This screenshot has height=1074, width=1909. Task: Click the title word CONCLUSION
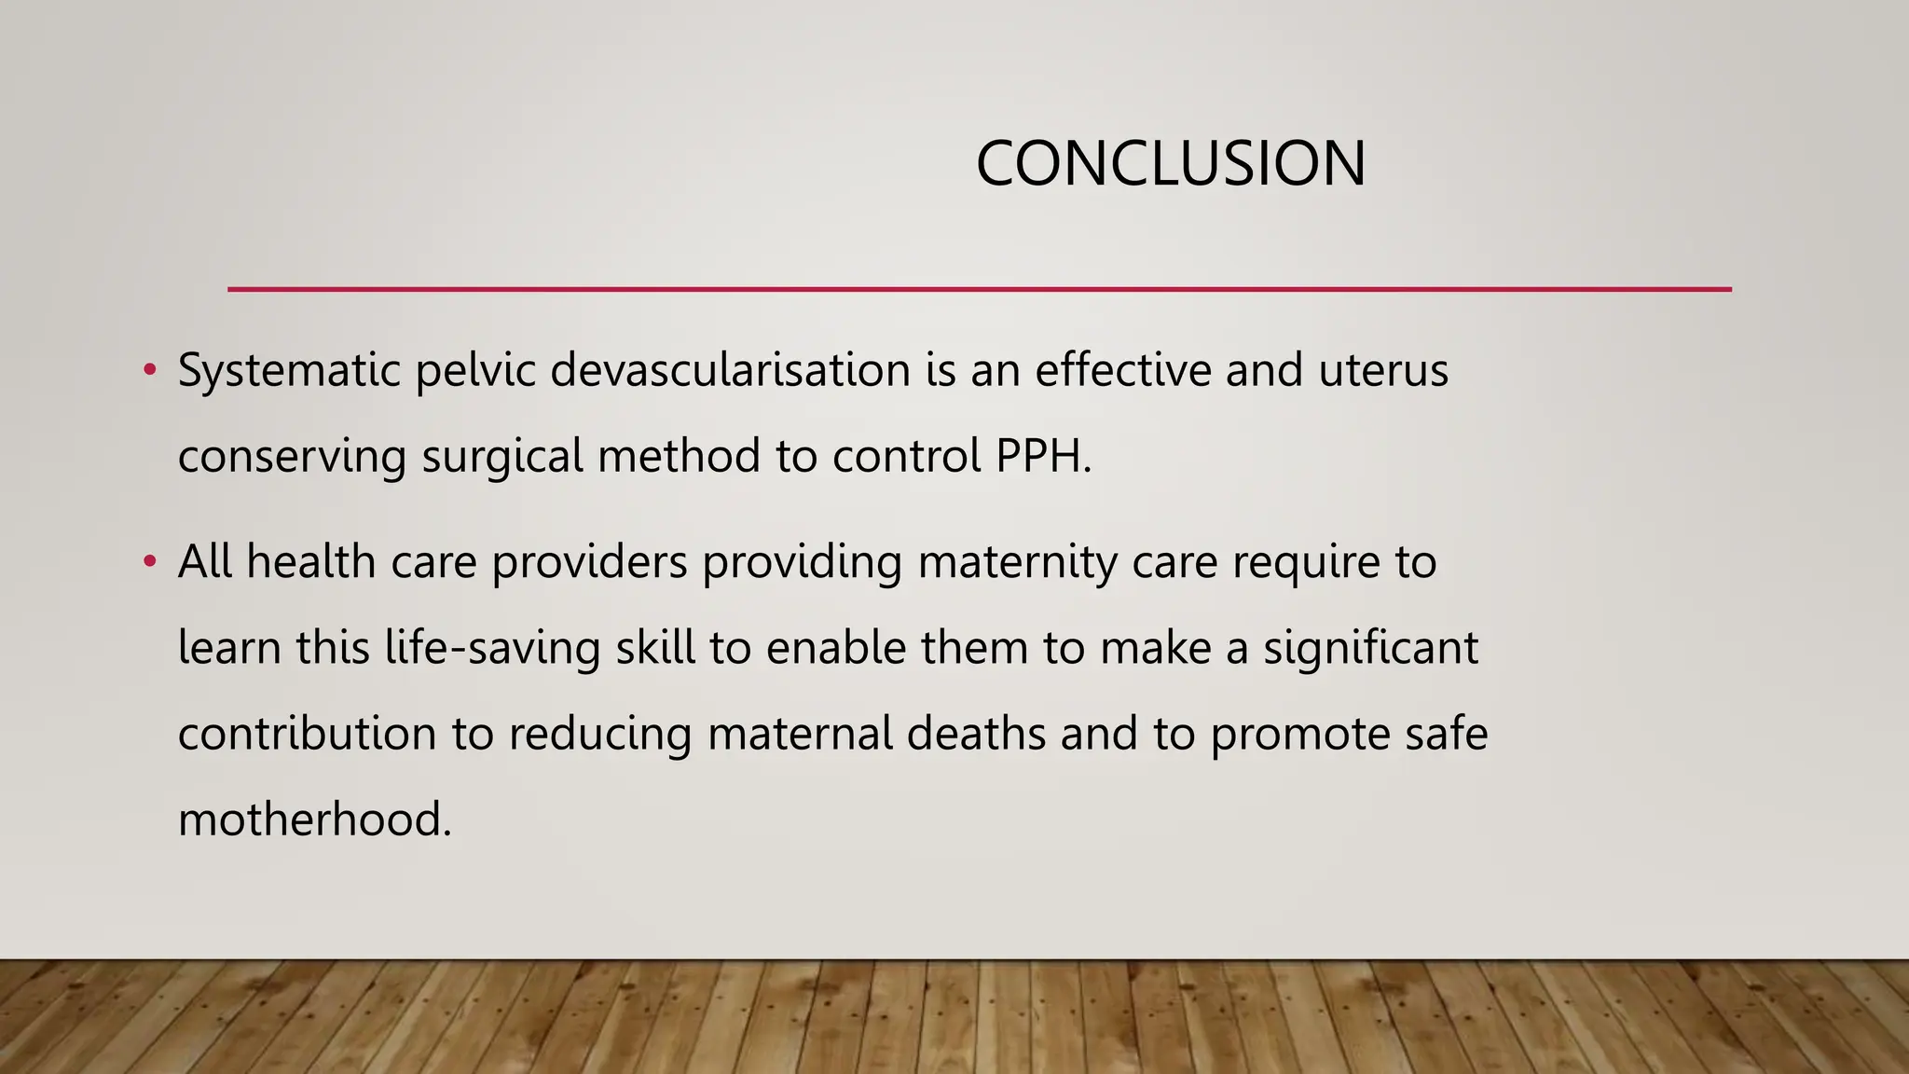pyautogui.click(x=1170, y=164)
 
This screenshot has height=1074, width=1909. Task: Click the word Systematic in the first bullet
pyautogui.click(x=289, y=371)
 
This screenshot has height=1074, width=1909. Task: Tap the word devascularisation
pyautogui.click(x=730, y=370)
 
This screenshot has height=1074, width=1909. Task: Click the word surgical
pyautogui.click(x=502, y=457)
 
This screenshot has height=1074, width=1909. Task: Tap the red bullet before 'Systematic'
pyautogui.click(x=149, y=371)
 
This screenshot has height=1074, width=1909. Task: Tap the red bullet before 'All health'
pyautogui.click(x=149, y=562)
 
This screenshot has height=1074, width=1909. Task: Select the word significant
pyautogui.click(x=1370, y=648)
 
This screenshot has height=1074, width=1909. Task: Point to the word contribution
pyautogui.click(x=307, y=733)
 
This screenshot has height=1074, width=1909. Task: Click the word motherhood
pyautogui.click(x=314, y=819)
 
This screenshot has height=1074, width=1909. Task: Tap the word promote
pyautogui.click(x=1301, y=734)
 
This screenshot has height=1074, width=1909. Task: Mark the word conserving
pyautogui.click(x=292, y=457)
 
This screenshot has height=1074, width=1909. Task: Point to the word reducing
pyautogui.click(x=599, y=734)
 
